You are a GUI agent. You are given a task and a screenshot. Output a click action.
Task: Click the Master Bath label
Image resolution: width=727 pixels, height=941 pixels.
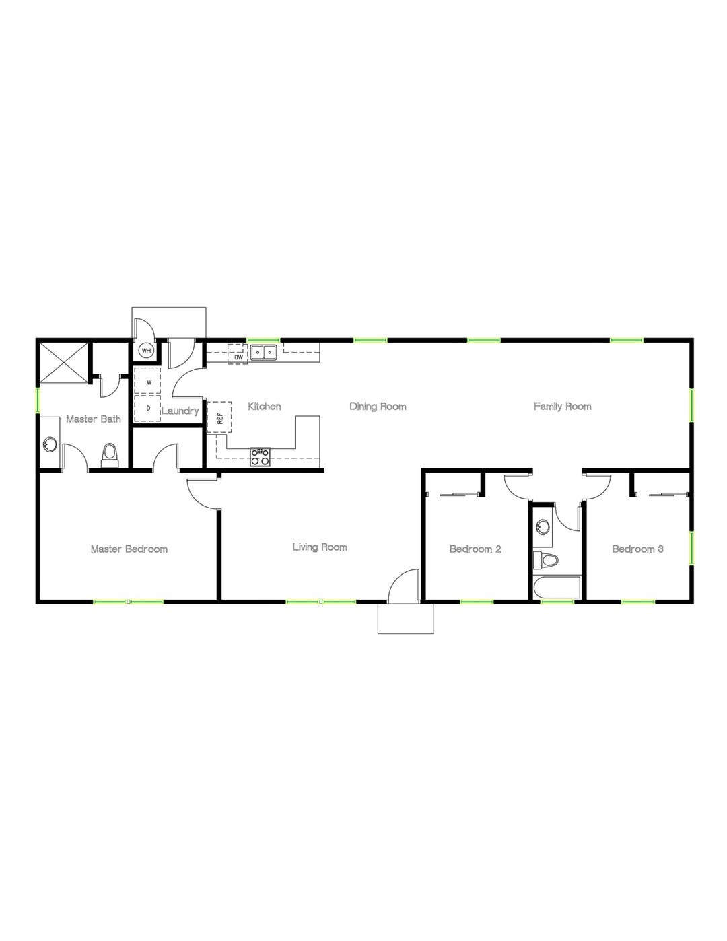tap(94, 419)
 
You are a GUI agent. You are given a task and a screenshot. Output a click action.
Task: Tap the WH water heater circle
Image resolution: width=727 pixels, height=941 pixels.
tap(146, 351)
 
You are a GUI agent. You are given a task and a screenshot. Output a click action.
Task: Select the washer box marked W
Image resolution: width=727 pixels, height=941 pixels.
tap(148, 382)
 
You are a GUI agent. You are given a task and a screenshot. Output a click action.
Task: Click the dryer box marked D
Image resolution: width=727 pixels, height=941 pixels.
tap(148, 408)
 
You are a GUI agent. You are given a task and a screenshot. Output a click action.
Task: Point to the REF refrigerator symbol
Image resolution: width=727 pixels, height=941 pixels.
tap(219, 417)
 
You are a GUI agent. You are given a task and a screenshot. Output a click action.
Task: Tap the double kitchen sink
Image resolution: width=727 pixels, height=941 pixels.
tap(263, 352)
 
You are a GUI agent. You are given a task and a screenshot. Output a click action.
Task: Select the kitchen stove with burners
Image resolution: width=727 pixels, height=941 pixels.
tap(260, 457)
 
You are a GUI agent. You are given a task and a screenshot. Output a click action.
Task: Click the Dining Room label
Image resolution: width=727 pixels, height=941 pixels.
tap(378, 407)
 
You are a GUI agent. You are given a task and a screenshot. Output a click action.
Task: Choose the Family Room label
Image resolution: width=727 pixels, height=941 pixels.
tap(562, 407)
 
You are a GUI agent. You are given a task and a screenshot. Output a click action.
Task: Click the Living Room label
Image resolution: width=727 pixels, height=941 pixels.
tap(320, 547)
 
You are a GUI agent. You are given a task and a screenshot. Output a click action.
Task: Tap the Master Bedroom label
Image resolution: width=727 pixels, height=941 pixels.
tap(129, 549)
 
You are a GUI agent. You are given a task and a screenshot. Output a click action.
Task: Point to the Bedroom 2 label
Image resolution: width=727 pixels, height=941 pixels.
tap(475, 549)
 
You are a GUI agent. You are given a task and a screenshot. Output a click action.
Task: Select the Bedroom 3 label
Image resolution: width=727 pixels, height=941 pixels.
tap(637, 549)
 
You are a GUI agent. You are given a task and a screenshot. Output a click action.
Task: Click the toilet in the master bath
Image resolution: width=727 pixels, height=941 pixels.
tap(109, 455)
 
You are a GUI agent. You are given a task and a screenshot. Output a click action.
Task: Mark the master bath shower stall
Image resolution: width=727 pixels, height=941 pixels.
tap(63, 363)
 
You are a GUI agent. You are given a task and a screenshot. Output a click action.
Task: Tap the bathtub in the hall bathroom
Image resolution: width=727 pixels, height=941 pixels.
tap(557, 588)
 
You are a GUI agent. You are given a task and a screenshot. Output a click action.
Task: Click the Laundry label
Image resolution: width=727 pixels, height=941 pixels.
tap(180, 411)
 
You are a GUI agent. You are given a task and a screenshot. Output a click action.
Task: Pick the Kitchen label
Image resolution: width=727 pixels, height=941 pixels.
tap(265, 407)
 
